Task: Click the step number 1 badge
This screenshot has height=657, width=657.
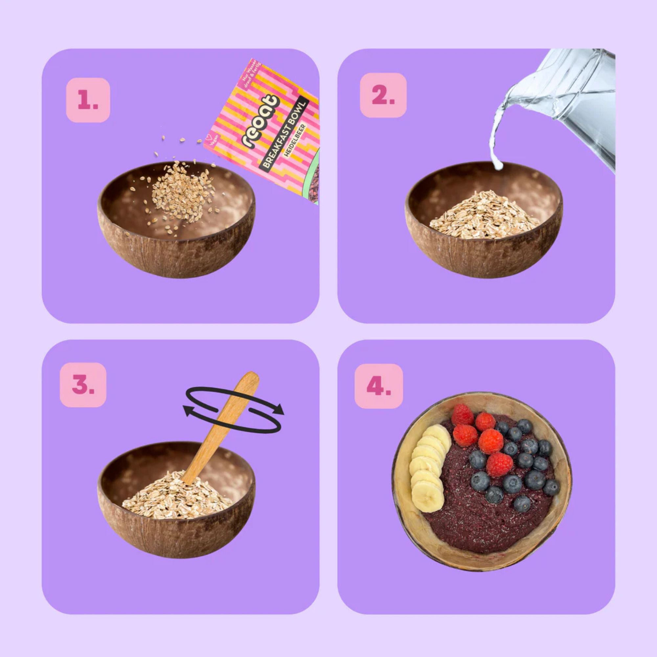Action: [88, 100]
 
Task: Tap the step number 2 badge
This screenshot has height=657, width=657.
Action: [383, 95]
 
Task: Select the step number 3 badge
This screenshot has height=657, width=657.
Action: [83, 385]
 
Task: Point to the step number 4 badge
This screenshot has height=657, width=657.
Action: [378, 386]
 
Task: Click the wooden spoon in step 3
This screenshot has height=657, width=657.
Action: [221, 428]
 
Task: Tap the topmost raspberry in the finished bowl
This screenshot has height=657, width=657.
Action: [463, 414]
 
